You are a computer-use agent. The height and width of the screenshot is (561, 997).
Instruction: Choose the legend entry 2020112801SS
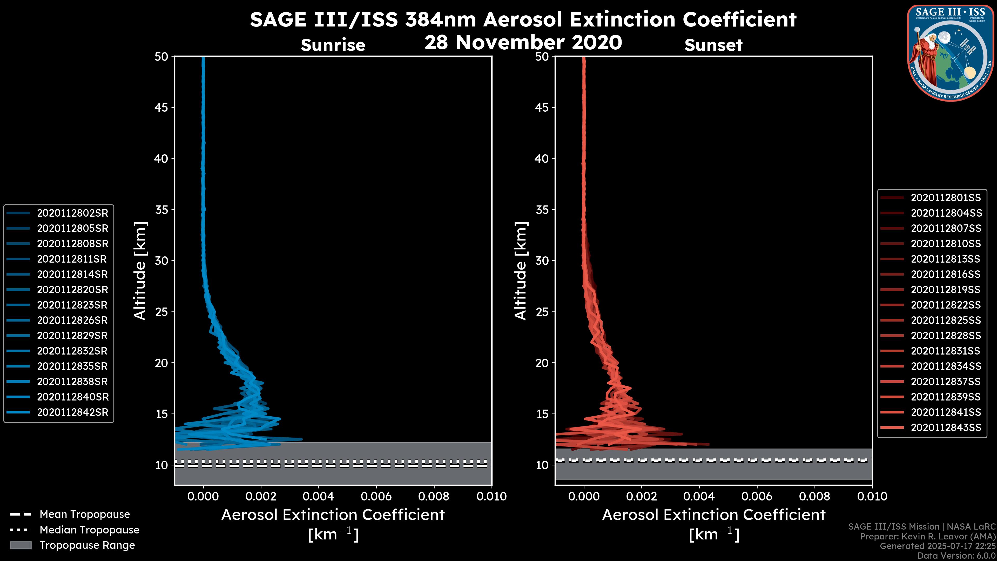946,198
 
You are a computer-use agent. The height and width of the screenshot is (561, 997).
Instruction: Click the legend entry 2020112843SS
946,428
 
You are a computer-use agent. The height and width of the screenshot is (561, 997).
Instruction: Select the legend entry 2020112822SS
946,305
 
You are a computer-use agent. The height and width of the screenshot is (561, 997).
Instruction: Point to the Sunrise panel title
333,45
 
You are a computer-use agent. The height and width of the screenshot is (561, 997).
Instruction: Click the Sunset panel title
713,45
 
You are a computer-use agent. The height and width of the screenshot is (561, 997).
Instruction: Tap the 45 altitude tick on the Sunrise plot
161,108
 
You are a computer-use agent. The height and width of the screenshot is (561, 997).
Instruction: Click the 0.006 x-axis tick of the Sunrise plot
376,496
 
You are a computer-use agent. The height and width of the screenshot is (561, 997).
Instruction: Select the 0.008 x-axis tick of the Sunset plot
815,496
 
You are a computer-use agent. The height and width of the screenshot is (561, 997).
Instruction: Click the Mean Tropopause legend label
85,514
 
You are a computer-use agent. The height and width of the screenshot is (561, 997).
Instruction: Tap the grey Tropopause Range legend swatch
21,545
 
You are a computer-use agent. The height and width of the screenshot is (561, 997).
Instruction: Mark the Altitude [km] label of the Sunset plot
521,271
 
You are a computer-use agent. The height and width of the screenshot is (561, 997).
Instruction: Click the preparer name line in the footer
927,537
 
